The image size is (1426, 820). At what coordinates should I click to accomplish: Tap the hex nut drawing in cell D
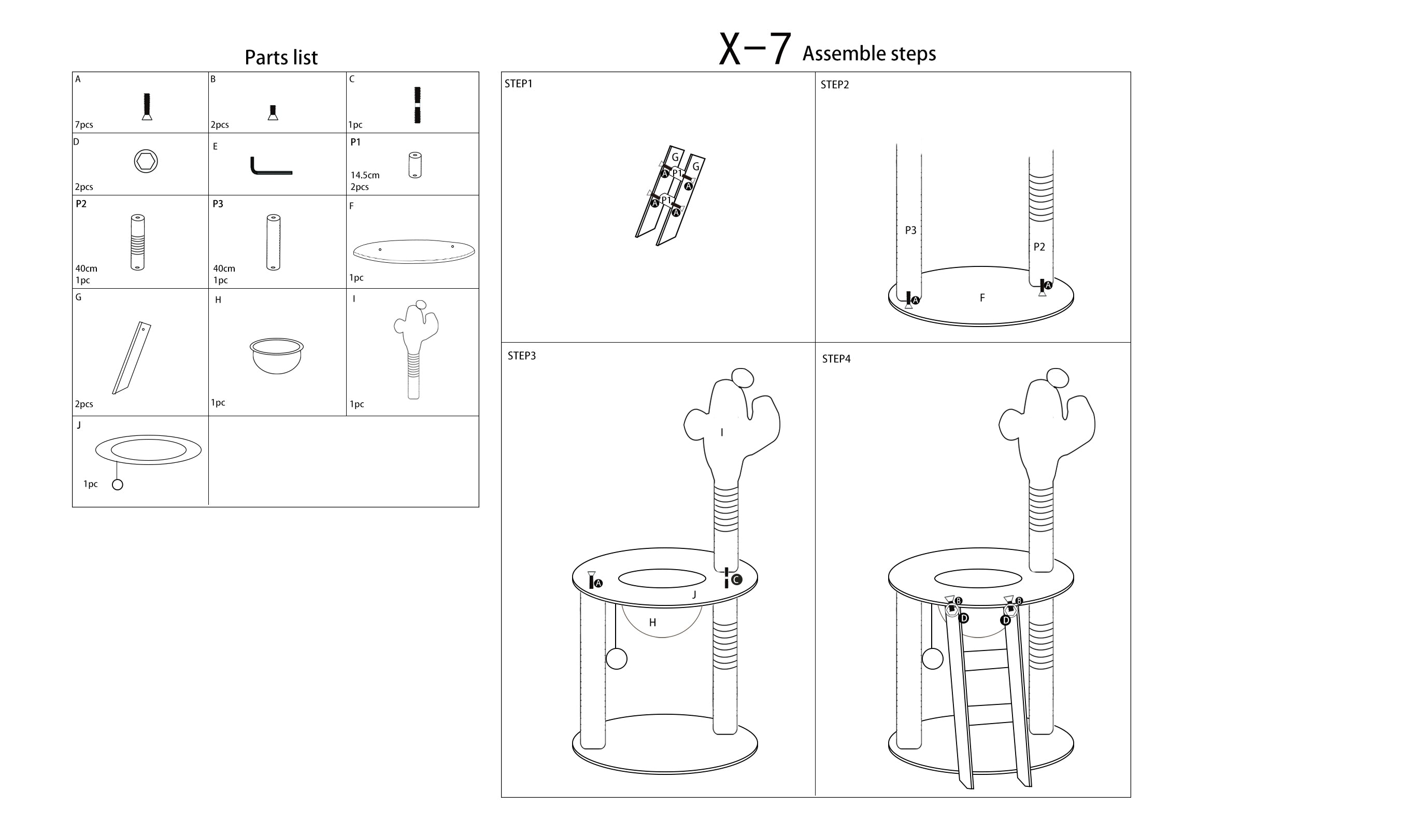[146, 162]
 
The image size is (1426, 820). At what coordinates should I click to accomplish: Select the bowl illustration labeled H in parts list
[276, 356]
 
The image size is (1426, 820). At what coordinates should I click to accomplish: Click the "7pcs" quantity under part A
[84, 124]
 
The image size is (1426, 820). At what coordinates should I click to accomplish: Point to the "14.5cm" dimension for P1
[365, 175]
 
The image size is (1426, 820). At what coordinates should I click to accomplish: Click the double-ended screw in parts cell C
[417, 105]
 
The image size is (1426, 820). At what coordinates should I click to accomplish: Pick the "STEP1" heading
[519, 84]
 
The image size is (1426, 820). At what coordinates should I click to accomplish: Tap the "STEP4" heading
[836, 359]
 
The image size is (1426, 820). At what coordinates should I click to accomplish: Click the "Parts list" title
[281, 58]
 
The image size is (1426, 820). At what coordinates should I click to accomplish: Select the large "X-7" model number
[755, 49]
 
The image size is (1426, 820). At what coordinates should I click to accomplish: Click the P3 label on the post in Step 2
[910, 230]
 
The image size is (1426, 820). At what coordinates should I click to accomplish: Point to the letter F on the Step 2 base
[982, 298]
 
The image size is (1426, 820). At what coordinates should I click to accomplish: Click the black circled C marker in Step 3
[737, 579]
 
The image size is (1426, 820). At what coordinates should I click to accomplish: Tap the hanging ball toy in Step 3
[617, 658]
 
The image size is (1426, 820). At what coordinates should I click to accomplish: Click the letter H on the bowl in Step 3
[652, 623]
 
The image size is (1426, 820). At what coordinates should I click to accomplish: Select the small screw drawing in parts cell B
[273, 112]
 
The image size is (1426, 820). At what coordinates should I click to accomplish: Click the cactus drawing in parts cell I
[416, 349]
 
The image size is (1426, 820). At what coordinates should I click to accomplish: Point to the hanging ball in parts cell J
[118, 484]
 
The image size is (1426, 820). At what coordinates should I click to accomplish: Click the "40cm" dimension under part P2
[86, 268]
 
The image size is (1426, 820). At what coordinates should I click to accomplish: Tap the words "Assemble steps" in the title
[869, 53]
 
